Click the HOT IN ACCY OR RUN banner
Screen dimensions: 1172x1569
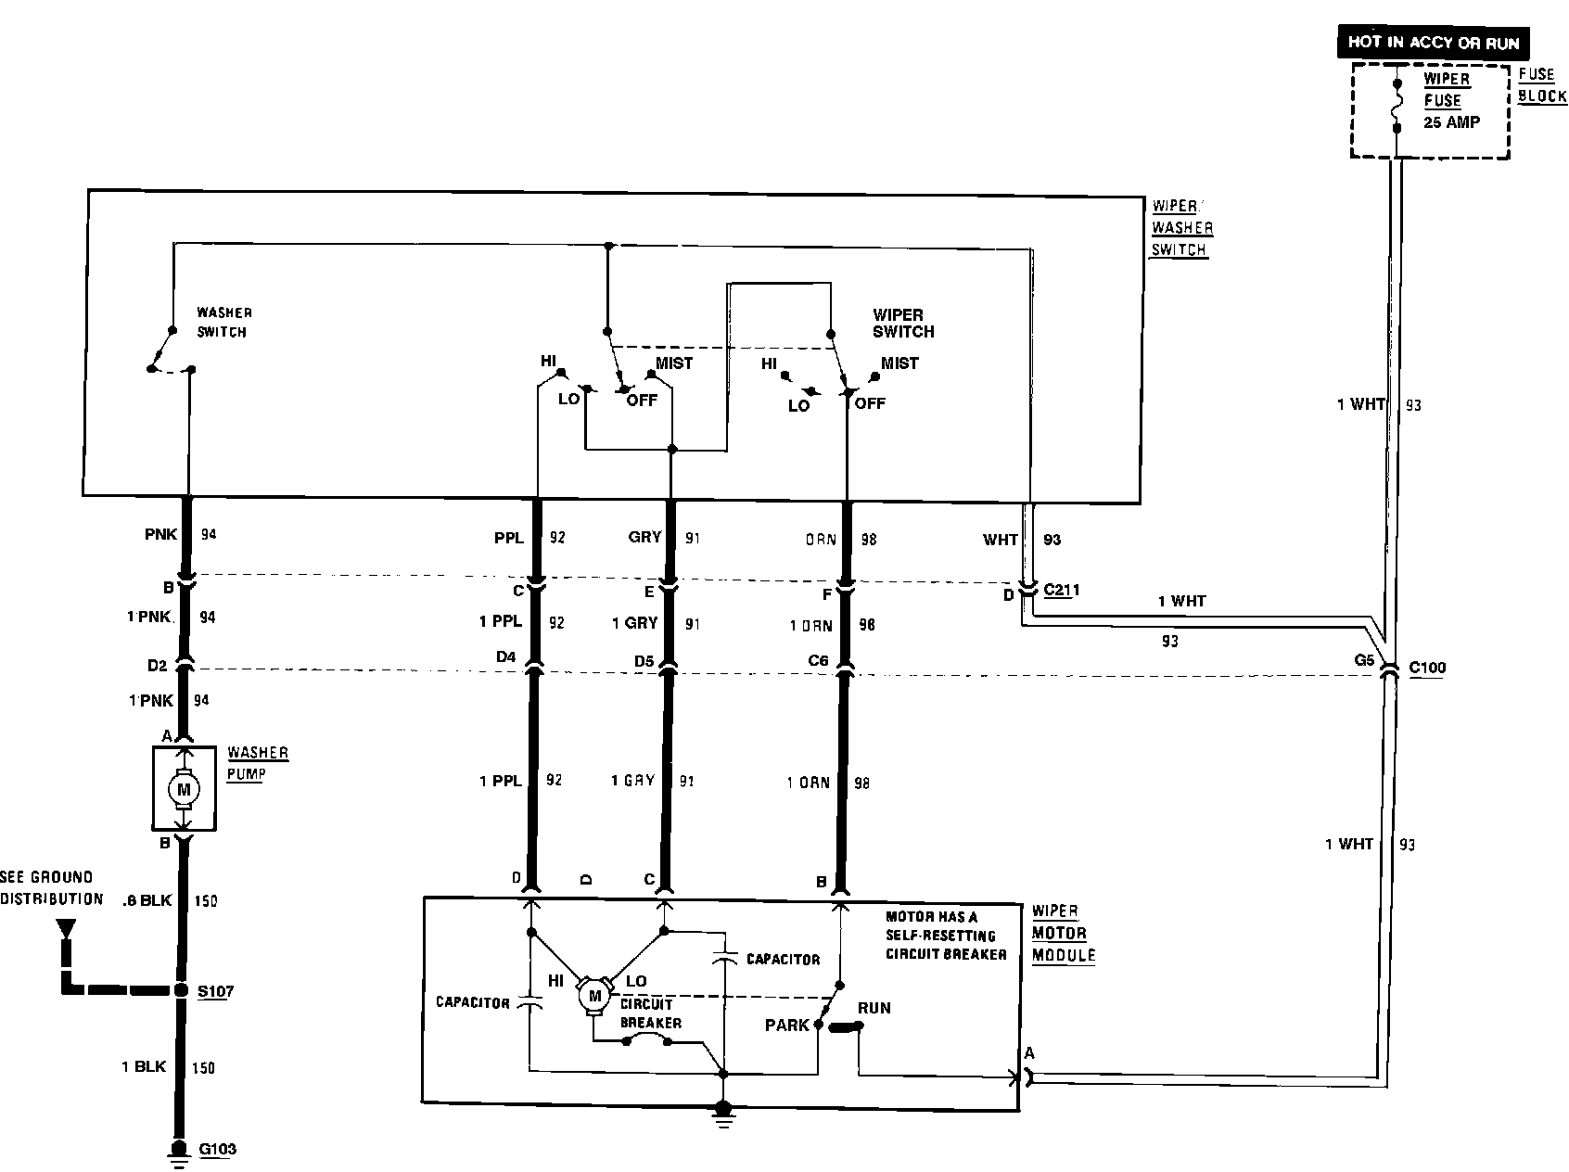click(1433, 43)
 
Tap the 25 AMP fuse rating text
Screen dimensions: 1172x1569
click(1452, 121)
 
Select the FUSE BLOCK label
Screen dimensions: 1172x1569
click(1542, 85)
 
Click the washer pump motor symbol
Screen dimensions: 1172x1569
click(183, 789)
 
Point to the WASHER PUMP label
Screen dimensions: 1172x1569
click(257, 763)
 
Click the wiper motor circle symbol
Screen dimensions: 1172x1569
click(593, 996)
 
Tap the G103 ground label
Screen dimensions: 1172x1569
click(218, 1149)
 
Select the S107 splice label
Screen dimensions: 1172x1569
click(216, 991)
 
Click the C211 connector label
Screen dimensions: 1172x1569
click(1061, 590)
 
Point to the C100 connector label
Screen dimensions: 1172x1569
click(1426, 668)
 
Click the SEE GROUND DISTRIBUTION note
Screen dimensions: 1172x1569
click(51, 887)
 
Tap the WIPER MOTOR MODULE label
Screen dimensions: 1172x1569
click(1063, 933)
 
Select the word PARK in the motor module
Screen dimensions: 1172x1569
click(787, 1025)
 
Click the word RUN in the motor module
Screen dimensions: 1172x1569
click(874, 1008)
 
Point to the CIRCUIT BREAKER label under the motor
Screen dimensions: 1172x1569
click(650, 1013)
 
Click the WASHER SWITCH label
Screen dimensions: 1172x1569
click(223, 322)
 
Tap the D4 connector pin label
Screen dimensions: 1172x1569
click(505, 657)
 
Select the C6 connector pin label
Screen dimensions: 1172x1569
click(818, 660)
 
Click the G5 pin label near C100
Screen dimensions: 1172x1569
click(1364, 660)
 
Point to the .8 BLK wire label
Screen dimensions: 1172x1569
click(147, 900)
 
